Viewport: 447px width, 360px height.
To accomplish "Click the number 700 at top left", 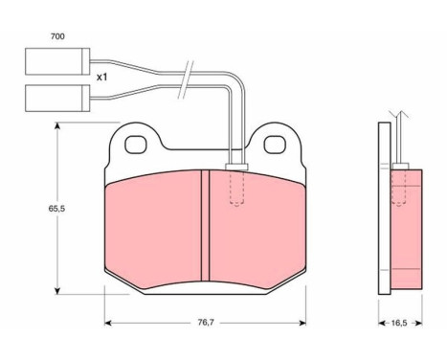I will (x=57, y=35).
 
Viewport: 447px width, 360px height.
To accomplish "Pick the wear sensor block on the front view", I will (x=235, y=169).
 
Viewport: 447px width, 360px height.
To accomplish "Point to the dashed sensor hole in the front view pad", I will (x=235, y=191).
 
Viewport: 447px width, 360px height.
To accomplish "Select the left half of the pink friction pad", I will (x=153, y=225).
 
